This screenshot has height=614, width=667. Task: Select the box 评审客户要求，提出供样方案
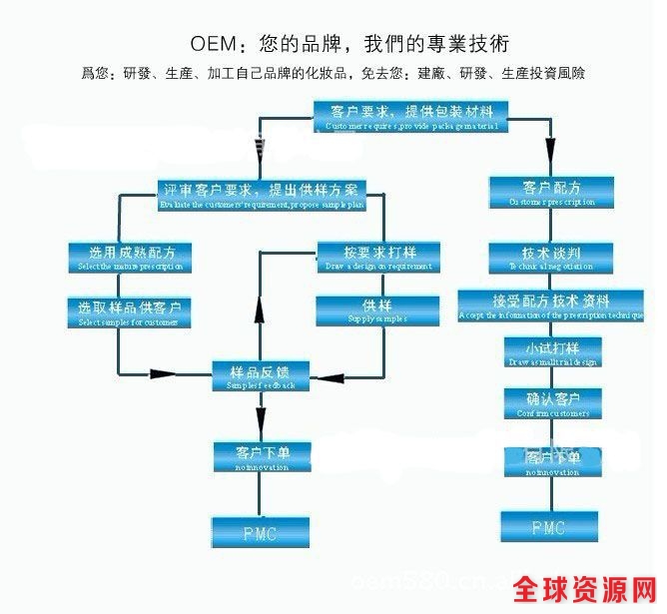[x=264, y=192]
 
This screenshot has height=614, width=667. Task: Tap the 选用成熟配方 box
[x=129, y=256]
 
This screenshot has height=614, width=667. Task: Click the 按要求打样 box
[x=378, y=256]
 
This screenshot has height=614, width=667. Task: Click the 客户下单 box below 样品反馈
[x=261, y=455]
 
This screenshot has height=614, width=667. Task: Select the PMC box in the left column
[x=259, y=531]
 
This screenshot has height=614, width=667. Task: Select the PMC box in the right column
[x=549, y=526]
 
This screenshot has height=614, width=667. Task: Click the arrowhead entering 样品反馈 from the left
[x=160, y=374]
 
